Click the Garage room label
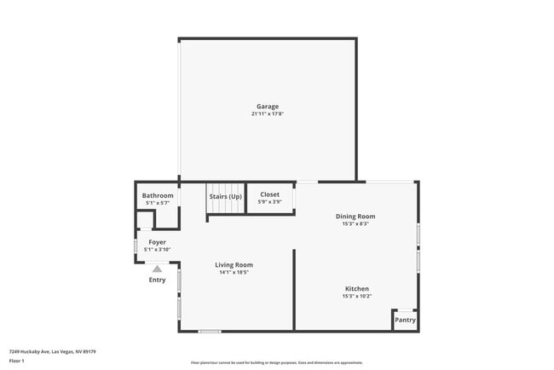click(x=268, y=107)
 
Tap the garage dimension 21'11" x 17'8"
click(x=268, y=113)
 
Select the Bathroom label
click(x=158, y=196)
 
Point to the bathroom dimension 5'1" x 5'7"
click(x=158, y=203)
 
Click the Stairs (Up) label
click(x=226, y=197)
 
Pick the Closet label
click(x=269, y=195)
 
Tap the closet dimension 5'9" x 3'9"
click(x=269, y=202)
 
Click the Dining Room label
click(x=355, y=217)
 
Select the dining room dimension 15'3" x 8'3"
click(x=355, y=223)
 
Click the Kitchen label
click(x=356, y=288)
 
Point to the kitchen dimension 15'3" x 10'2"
click(x=356, y=296)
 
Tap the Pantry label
click(x=405, y=321)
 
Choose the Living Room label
click(x=234, y=265)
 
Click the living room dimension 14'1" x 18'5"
click(x=234, y=273)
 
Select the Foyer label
click(x=158, y=242)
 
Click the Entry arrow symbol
click(x=157, y=269)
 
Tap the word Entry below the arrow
click(x=158, y=280)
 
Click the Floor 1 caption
click(x=17, y=361)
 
